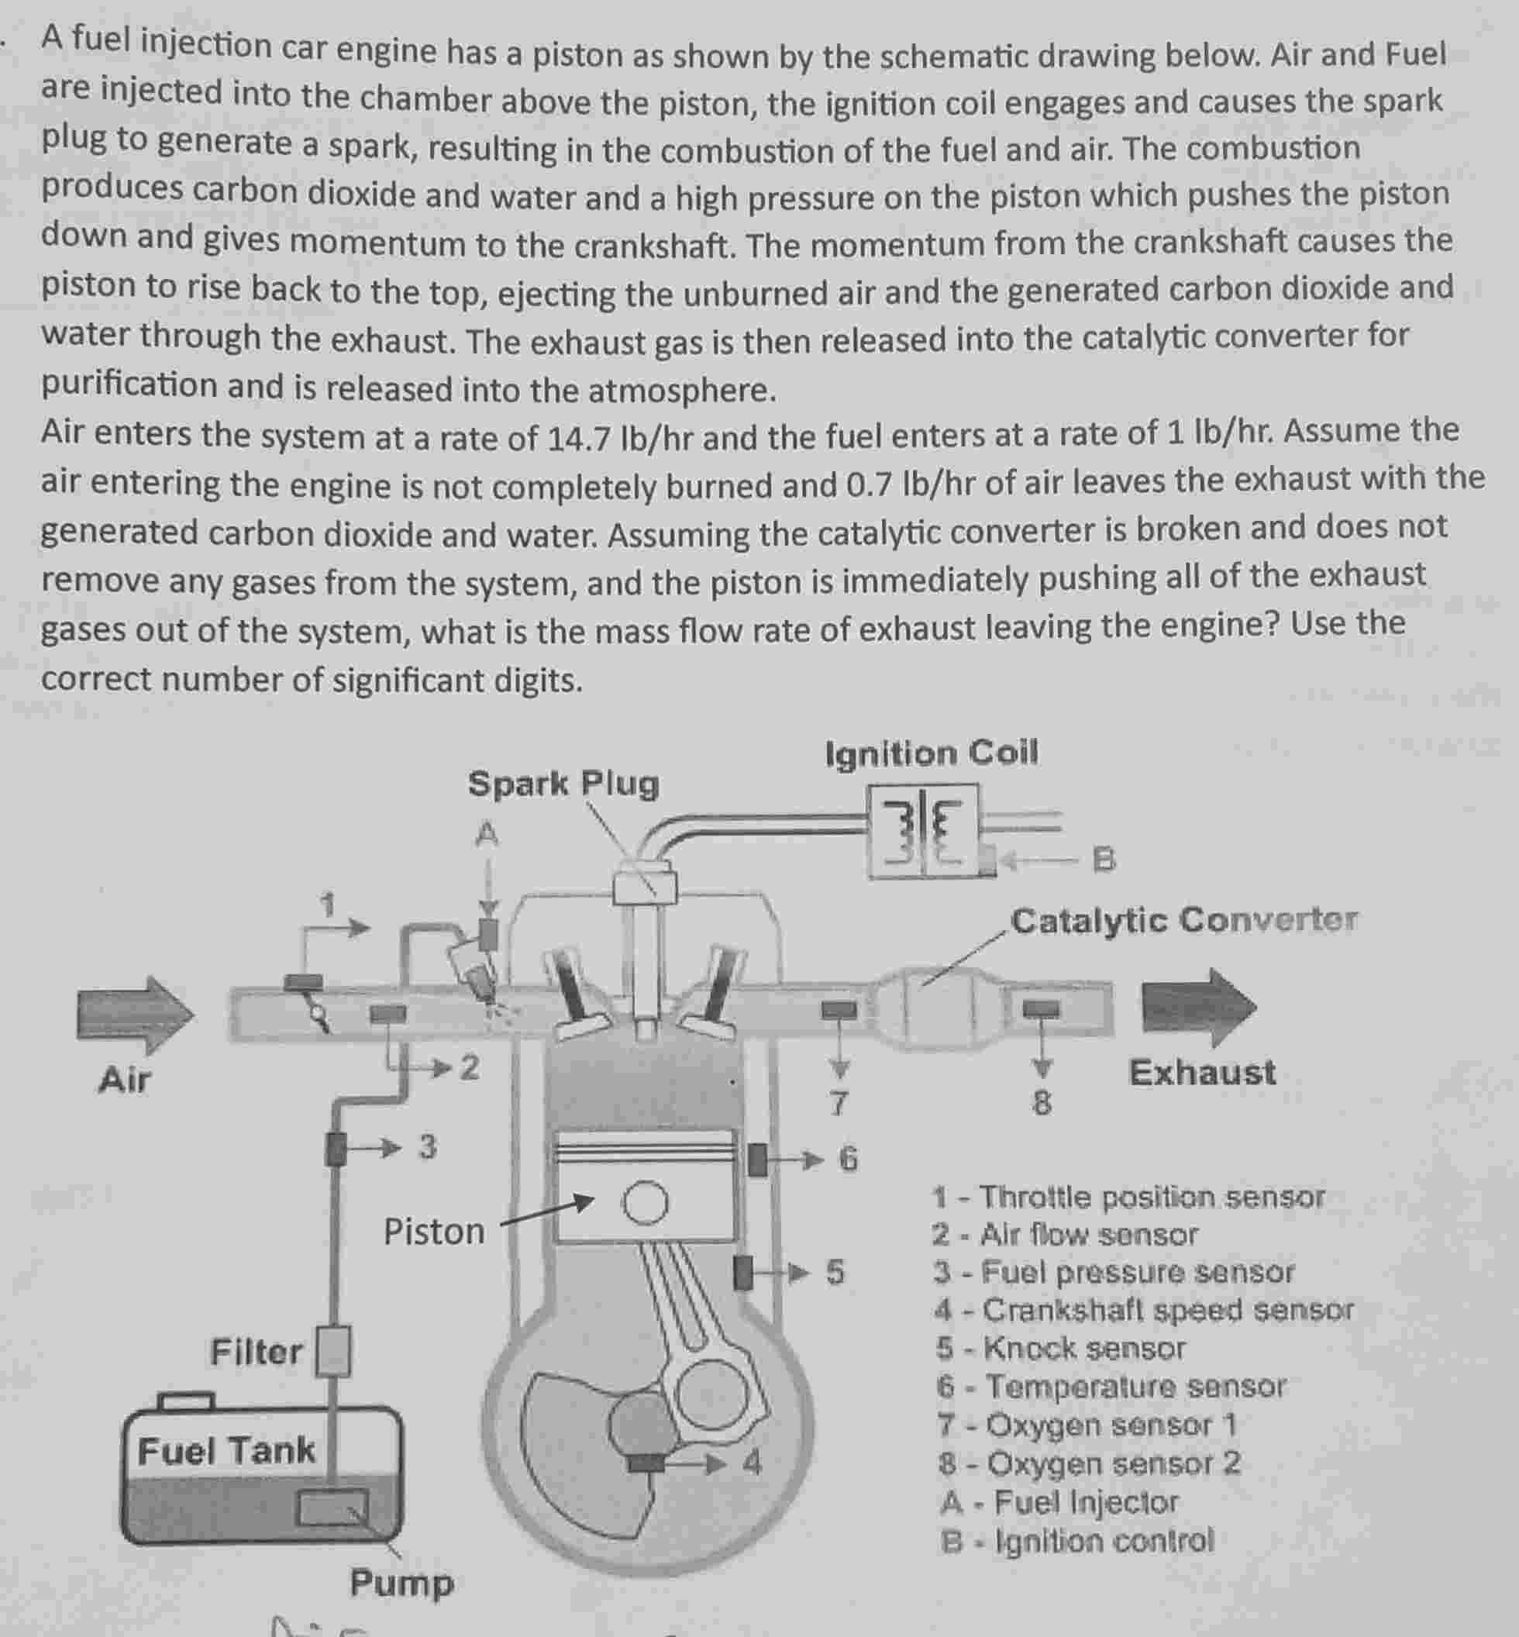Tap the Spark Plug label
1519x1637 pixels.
[563, 784]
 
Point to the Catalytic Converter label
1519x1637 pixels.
[1183, 920]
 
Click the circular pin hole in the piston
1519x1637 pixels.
[645, 1204]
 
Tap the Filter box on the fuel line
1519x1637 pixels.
[334, 1351]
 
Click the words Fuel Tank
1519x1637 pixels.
[226, 1450]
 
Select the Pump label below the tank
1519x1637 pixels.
[401, 1582]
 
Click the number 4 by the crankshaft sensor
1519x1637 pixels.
[752, 1463]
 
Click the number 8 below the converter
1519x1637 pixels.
[1041, 1104]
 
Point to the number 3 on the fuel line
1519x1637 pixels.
[426, 1146]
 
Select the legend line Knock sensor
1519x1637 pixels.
[1060, 1348]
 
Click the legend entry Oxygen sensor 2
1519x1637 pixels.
[1089, 1463]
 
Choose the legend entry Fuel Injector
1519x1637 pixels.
[1060, 1502]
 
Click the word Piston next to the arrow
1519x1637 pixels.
[434, 1232]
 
